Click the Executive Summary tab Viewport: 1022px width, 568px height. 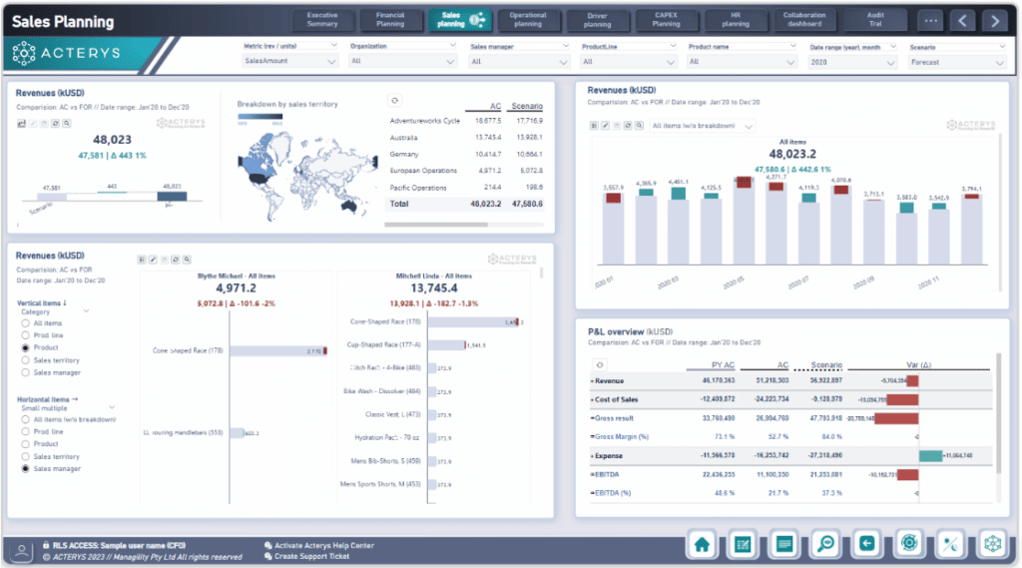(322, 19)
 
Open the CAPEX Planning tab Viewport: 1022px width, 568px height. (666, 19)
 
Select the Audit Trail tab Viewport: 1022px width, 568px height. (874, 19)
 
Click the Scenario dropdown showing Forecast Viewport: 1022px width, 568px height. (957, 62)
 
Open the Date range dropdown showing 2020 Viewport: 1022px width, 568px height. (851, 62)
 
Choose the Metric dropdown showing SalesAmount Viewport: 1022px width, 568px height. (290, 62)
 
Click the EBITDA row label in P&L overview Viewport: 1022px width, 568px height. (611, 474)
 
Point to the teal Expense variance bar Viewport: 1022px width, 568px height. (930, 455)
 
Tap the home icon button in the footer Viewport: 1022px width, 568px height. (702, 544)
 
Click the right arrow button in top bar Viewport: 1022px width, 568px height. (993, 20)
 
